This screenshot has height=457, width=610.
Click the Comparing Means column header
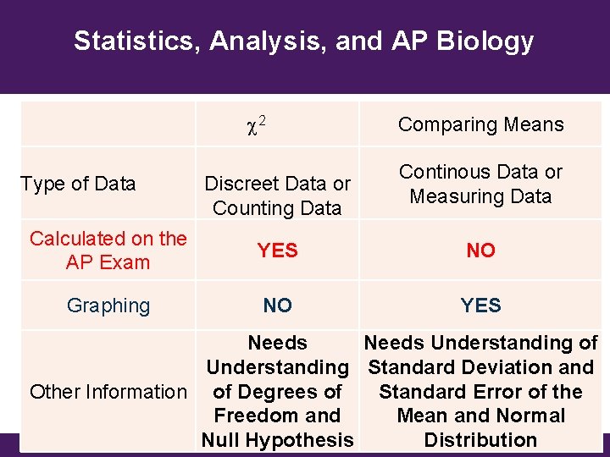(x=480, y=124)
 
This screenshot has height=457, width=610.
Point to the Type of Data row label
(x=78, y=184)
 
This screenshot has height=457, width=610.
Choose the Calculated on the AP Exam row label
(x=108, y=251)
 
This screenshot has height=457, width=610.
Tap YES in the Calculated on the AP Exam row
(x=278, y=251)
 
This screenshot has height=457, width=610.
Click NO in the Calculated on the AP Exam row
(x=480, y=251)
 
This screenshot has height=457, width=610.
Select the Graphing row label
(x=108, y=306)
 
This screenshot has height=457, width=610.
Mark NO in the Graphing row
(x=278, y=306)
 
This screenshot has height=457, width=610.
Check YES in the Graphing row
(x=480, y=306)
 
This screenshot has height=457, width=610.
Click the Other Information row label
(x=108, y=392)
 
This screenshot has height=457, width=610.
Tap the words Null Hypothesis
(x=277, y=440)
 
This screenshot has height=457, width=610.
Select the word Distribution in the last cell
(x=480, y=440)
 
